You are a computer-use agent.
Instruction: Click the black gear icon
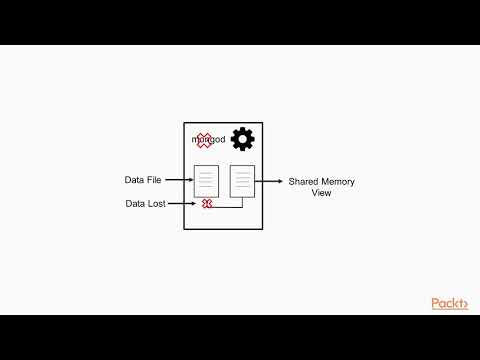(241, 139)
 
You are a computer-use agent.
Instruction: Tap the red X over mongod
(204, 140)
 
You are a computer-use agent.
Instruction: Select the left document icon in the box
(206, 180)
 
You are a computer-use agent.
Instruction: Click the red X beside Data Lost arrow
(207, 203)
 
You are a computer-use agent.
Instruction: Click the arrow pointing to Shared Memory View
(270, 181)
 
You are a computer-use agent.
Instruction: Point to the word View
(322, 193)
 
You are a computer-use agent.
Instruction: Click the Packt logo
(449, 303)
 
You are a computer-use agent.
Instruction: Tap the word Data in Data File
(135, 181)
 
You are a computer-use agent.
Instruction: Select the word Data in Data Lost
(135, 203)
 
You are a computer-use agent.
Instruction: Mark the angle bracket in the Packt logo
(464, 304)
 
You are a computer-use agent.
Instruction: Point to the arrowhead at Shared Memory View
(281, 181)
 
